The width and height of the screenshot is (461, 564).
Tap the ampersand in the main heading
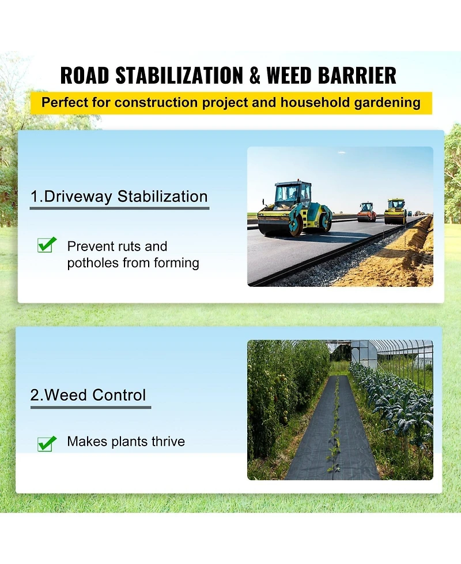[255, 76]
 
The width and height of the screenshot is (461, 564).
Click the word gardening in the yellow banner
[387, 103]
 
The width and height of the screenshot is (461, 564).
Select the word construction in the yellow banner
[156, 103]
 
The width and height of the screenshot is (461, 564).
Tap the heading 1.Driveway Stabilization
[119, 197]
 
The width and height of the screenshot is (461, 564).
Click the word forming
[176, 263]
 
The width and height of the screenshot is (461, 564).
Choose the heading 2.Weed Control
[88, 395]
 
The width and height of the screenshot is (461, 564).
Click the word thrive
[168, 442]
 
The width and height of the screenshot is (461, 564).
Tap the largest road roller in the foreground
[294, 208]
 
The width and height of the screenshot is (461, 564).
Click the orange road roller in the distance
[366, 212]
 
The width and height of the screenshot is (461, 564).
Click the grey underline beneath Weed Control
[90, 408]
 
